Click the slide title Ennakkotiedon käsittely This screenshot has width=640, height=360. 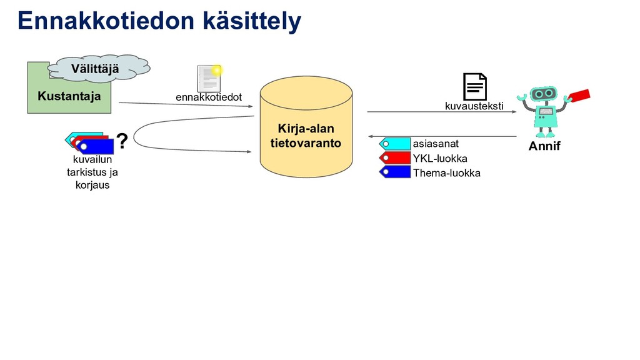[x=159, y=21]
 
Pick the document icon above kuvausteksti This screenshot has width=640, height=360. [x=474, y=87]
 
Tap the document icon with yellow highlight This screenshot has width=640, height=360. [x=208, y=78]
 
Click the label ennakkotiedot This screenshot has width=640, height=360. [x=208, y=97]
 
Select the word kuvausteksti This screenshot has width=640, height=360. [x=474, y=106]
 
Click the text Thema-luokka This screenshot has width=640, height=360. [x=446, y=173]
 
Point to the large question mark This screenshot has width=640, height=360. [x=122, y=142]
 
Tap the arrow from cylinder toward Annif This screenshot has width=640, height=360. [x=441, y=112]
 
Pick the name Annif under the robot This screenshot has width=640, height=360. [x=544, y=147]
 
